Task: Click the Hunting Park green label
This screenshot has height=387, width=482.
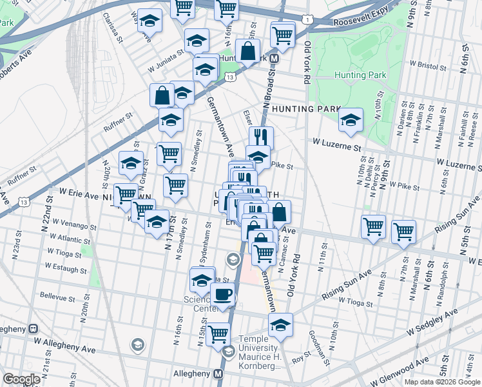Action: click(360, 75)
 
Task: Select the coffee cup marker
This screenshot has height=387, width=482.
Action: click(223, 294)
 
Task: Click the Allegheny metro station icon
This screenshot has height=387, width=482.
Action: click(218, 373)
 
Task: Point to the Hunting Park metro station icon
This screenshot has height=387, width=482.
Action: click(275, 58)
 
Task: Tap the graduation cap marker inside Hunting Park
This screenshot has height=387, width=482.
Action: click(351, 120)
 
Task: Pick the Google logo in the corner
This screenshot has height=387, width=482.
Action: click(21, 379)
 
